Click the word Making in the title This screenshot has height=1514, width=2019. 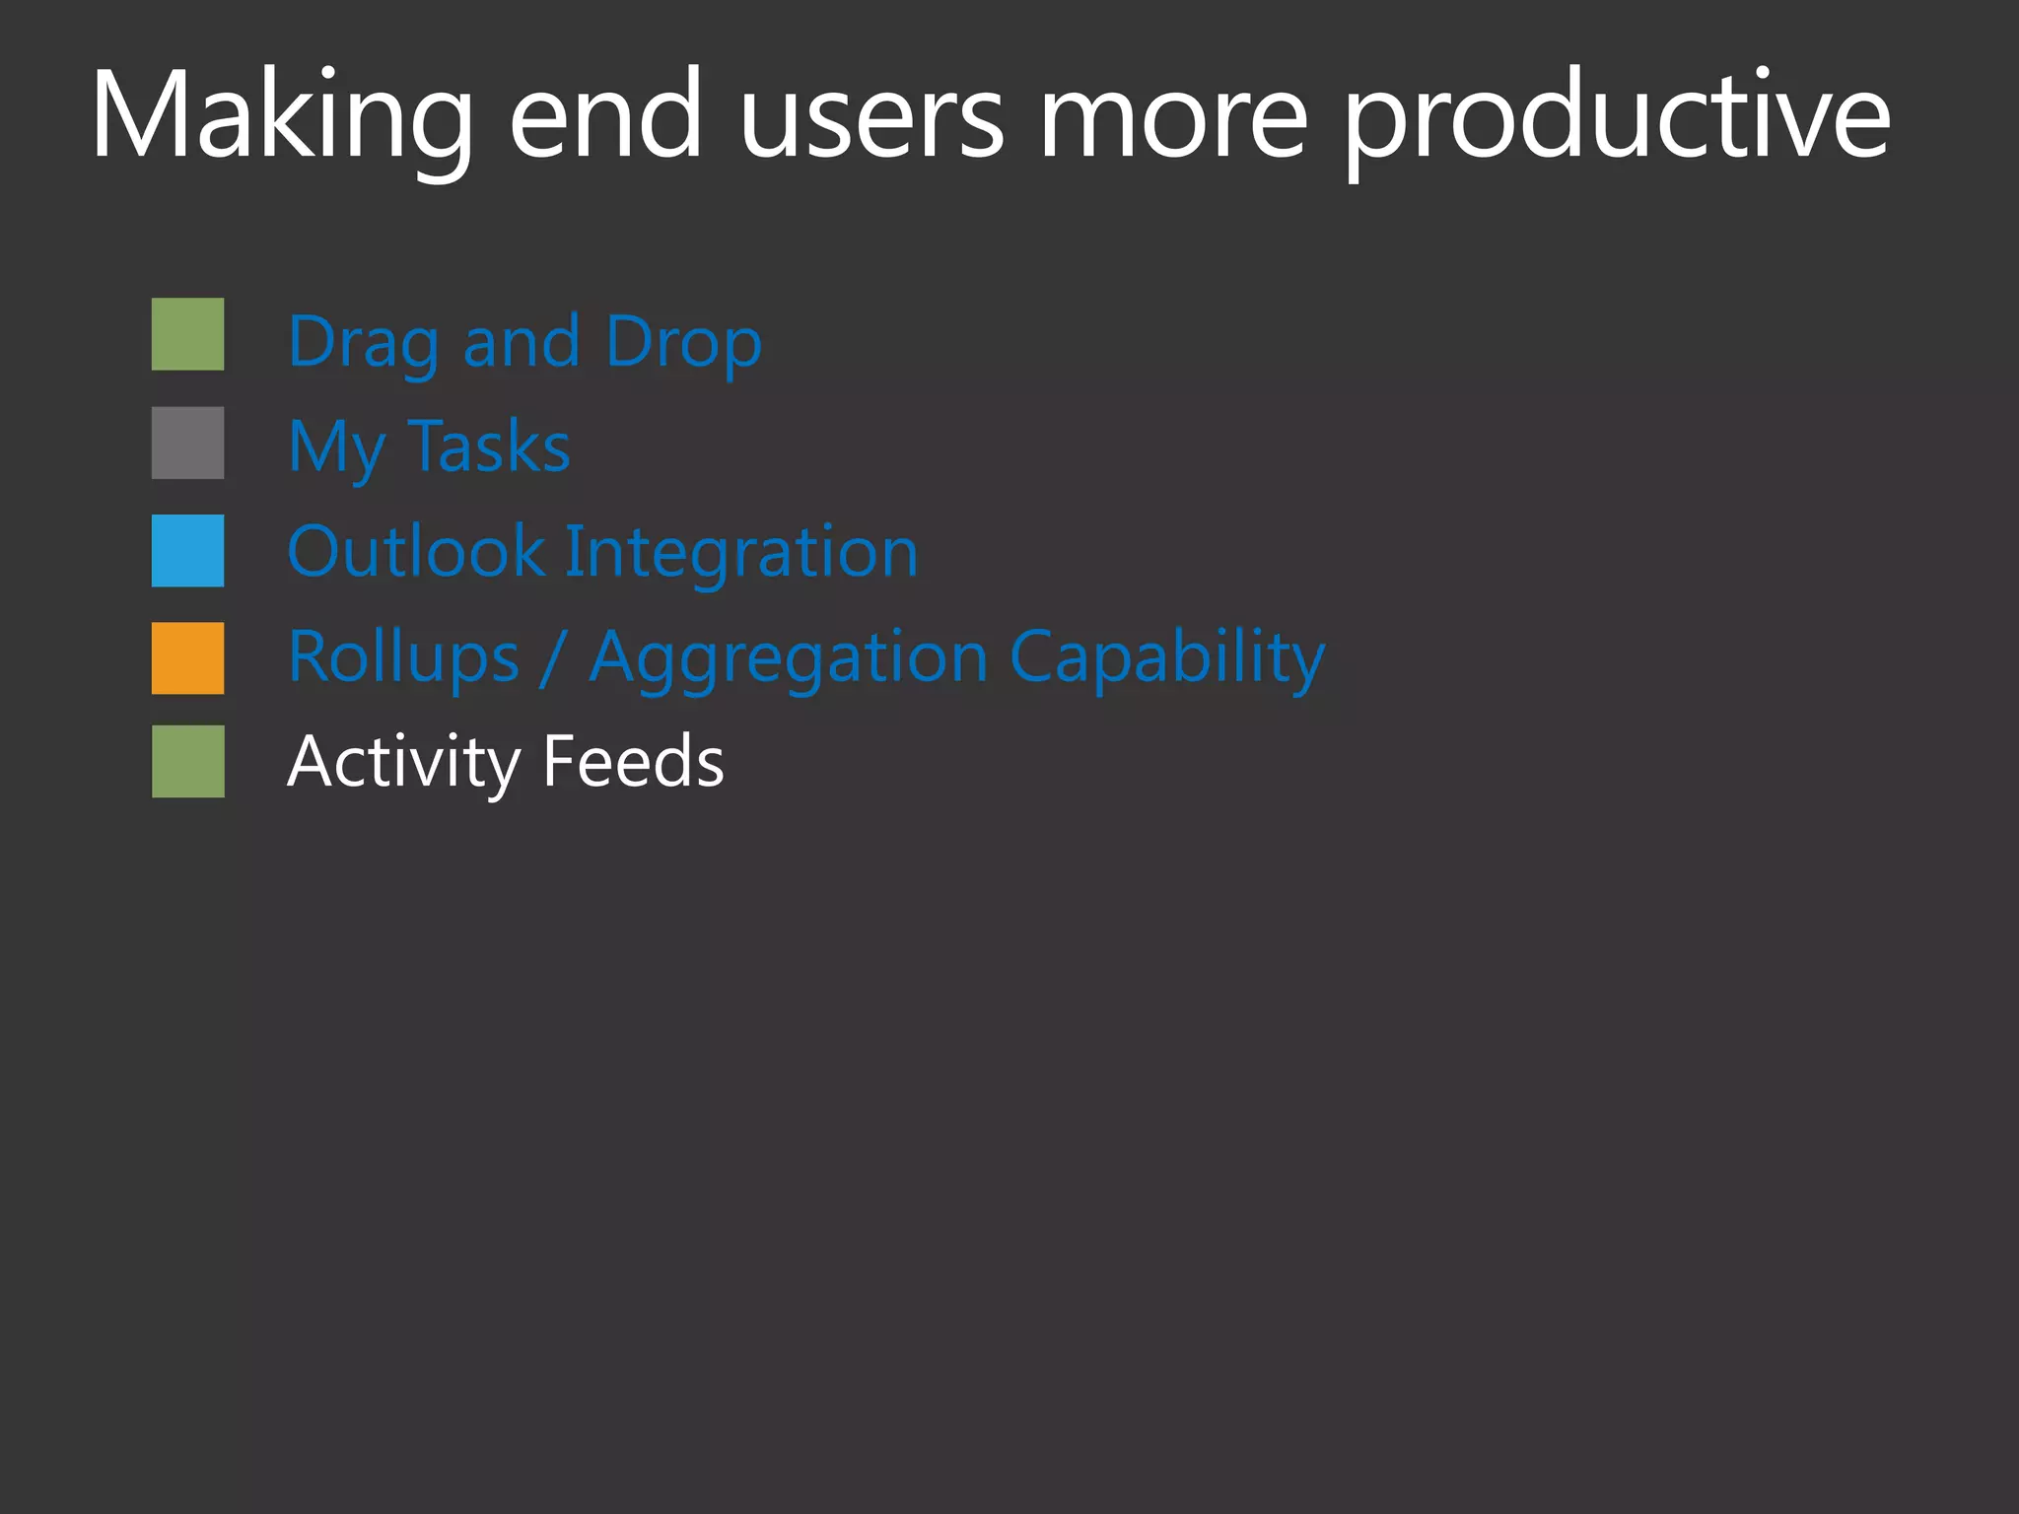pos(281,116)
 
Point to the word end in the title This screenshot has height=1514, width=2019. pos(605,116)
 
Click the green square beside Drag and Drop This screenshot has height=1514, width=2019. pos(187,334)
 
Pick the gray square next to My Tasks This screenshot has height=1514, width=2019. pos(187,443)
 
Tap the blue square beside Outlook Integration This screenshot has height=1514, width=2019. pos(187,551)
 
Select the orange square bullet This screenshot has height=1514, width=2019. pos(187,658)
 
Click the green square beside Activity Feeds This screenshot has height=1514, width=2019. pos(187,762)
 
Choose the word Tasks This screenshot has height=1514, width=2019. pos(488,447)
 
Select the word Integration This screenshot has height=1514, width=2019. pos(741,552)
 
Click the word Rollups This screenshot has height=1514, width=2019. pos(403,657)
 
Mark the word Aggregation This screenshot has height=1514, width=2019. pos(788,658)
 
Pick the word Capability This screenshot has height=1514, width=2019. pos(1167,657)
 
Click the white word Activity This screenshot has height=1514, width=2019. pos(403,762)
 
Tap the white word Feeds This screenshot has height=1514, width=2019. pos(633,762)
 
